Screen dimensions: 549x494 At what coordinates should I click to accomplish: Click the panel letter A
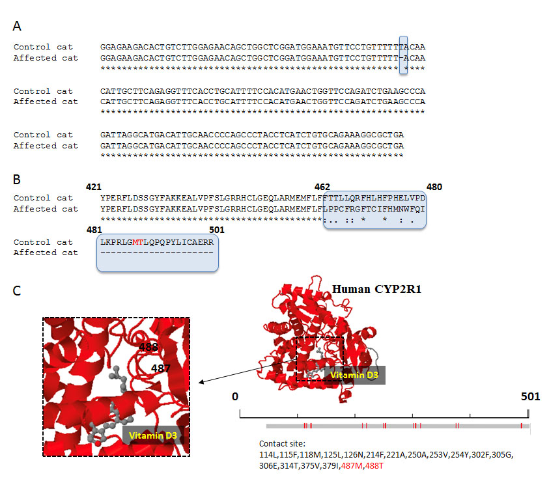pyautogui.click(x=17, y=26)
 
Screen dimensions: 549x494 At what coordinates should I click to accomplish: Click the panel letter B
pyautogui.click(x=16, y=180)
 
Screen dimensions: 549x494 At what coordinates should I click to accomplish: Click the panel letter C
pyautogui.click(x=16, y=291)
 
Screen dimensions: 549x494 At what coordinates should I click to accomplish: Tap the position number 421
pyautogui.click(x=94, y=187)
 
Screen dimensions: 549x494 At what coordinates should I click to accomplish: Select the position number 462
pyautogui.click(x=322, y=187)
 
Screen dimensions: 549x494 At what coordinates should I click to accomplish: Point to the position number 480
pyautogui.click(x=434, y=187)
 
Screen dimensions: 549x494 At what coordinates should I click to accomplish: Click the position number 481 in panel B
pyautogui.click(x=94, y=230)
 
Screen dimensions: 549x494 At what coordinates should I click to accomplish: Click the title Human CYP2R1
pyautogui.click(x=376, y=290)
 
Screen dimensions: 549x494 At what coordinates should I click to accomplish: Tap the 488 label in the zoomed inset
pyautogui.click(x=148, y=347)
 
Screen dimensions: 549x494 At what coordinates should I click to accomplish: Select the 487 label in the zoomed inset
pyautogui.click(x=161, y=368)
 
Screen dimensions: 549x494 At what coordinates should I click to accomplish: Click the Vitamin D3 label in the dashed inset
pyautogui.click(x=152, y=435)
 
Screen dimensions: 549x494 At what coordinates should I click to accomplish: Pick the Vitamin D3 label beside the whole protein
pyautogui.click(x=354, y=376)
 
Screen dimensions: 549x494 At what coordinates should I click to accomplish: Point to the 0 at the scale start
pyautogui.click(x=235, y=396)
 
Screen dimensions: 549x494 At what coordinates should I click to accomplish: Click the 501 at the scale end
pyautogui.click(x=531, y=396)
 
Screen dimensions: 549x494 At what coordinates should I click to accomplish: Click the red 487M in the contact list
pyautogui.click(x=352, y=466)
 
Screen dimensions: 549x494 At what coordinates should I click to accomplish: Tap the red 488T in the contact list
pyautogui.click(x=374, y=466)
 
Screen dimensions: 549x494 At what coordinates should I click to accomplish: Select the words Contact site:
pyautogui.click(x=282, y=444)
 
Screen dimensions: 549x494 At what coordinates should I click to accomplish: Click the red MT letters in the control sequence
pyautogui.click(x=138, y=242)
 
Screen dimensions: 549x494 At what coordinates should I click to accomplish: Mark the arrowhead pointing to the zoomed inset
pyautogui.click(x=201, y=382)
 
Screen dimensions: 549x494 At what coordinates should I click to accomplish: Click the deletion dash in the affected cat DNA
pyautogui.click(x=401, y=58)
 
